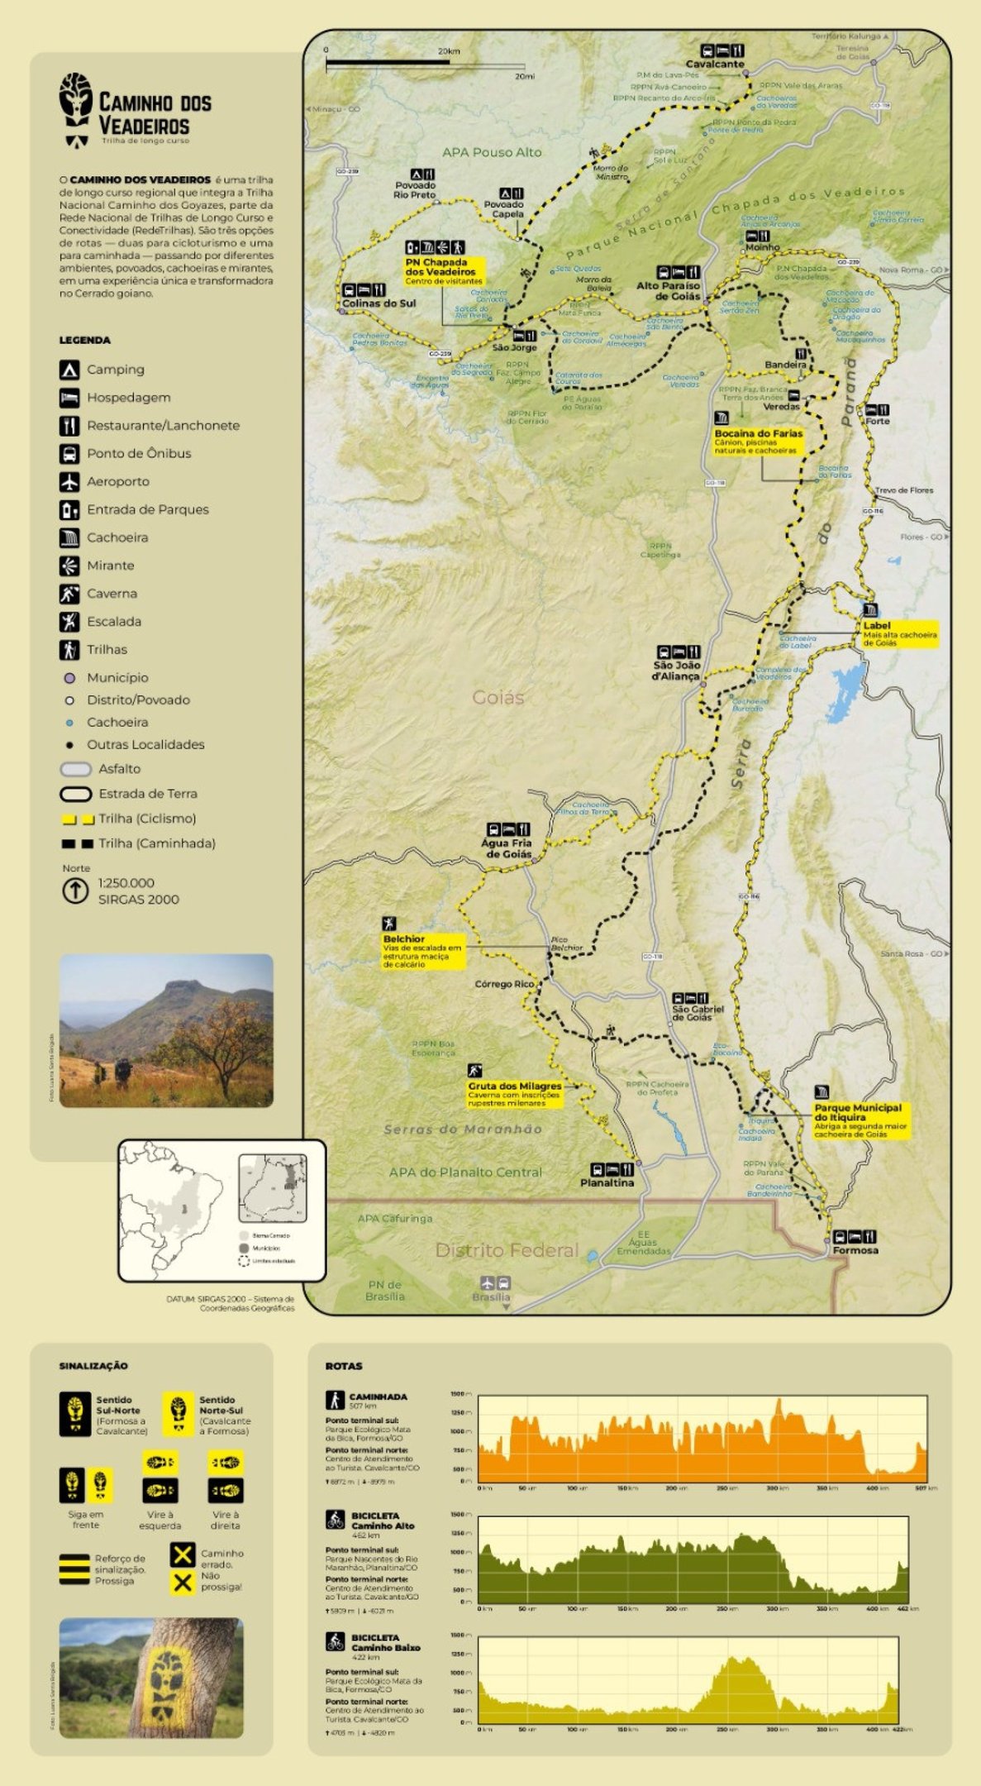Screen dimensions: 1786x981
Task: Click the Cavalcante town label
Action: coord(715,64)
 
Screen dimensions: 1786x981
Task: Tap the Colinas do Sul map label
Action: coord(379,303)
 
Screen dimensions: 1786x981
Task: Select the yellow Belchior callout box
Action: coord(422,951)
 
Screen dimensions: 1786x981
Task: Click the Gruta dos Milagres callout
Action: coord(515,1094)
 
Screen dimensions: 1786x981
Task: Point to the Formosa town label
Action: coord(855,1250)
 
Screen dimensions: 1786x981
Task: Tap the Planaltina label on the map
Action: coord(607,1182)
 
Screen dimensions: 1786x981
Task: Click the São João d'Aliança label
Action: coord(677,671)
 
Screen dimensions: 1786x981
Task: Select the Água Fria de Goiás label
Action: coord(507,848)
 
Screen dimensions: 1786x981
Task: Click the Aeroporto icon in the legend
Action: coord(69,481)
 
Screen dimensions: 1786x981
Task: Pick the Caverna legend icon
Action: coord(69,594)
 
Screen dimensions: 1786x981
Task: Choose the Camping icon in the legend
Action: coord(69,370)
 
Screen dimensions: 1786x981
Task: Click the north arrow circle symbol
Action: coord(75,891)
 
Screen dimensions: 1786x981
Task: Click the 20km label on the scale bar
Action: coord(449,51)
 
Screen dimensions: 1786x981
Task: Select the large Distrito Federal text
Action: coord(507,1250)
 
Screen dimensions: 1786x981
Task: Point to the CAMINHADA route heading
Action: coord(378,1397)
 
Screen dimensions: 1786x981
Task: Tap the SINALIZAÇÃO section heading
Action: coord(93,1366)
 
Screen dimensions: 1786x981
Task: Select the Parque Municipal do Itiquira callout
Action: coord(860,1120)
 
